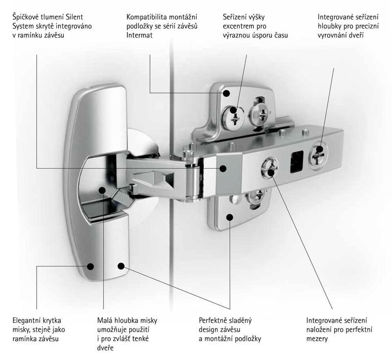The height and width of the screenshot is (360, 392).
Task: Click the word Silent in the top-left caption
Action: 74,17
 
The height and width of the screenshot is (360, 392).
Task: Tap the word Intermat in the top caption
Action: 139,35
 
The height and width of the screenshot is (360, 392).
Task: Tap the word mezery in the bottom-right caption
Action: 317,339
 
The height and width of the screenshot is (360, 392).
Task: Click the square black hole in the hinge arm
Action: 297,162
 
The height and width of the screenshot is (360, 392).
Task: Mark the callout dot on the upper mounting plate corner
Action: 226,93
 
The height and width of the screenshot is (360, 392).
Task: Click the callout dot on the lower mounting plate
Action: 229,216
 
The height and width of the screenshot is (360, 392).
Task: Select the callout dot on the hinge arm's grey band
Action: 223,168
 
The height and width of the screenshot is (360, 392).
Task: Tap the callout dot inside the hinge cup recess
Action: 102,190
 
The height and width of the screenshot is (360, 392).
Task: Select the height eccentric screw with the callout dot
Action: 233,117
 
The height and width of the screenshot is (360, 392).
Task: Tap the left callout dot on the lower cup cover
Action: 91,266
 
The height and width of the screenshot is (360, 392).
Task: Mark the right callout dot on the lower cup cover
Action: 121,266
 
